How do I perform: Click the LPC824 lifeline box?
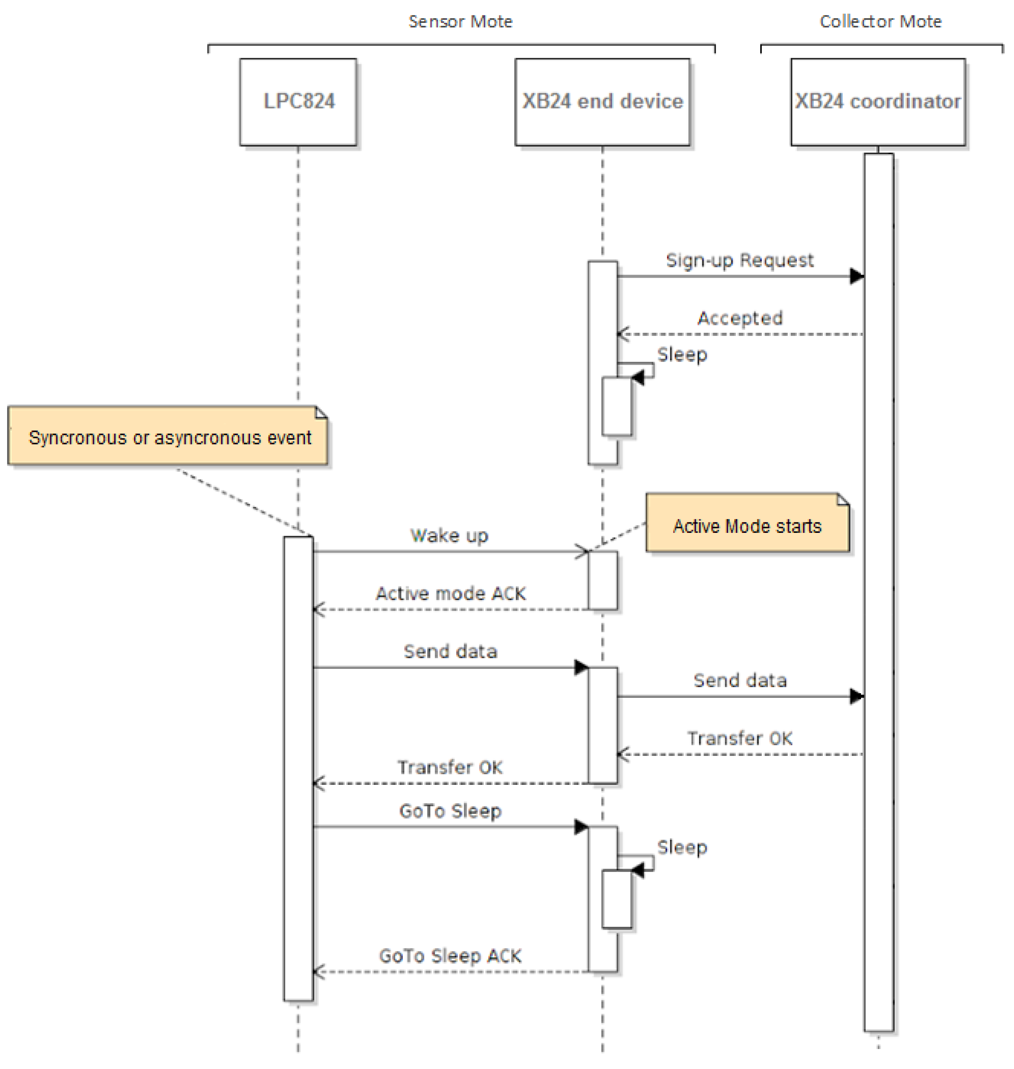pyautogui.click(x=298, y=102)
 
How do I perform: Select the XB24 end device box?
pyautogui.click(x=602, y=102)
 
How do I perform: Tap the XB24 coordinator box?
pyautogui.click(x=878, y=102)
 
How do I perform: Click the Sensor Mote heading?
pyautogui.click(x=460, y=22)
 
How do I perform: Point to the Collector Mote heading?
pyautogui.click(x=880, y=22)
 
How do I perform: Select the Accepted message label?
pyautogui.click(x=740, y=318)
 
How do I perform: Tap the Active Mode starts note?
pyautogui.click(x=747, y=525)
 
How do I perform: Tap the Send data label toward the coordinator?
pyautogui.click(x=740, y=680)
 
